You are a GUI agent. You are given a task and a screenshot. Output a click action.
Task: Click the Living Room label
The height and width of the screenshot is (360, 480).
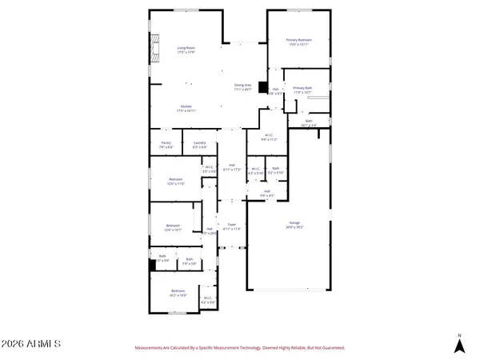pos(186,48)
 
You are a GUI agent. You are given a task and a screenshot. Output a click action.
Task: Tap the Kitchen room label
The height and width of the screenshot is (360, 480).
pos(186,106)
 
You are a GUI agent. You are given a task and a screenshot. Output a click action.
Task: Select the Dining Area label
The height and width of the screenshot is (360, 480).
pos(243,86)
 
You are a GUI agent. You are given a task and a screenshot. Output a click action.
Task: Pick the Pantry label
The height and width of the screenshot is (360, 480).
pos(166,143)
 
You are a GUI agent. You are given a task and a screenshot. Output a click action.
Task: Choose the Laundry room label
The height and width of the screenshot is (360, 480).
pos(200,143)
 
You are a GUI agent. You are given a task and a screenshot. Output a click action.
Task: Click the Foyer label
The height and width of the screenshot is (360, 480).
pos(232,225)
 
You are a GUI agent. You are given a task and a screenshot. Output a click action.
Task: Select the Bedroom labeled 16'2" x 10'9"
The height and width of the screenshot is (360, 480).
pos(177,291)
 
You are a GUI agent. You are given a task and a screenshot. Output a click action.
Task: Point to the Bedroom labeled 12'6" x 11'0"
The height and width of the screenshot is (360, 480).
pos(176,178)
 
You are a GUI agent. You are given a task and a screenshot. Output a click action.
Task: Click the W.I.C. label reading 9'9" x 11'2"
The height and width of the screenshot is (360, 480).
pos(270,135)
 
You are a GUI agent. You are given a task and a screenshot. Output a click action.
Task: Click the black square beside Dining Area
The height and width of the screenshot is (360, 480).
pos(262,88)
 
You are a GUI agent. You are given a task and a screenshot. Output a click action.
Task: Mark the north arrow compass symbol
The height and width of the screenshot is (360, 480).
pos(459,346)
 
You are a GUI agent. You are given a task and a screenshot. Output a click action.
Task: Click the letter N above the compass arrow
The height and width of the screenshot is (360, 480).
pos(459,334)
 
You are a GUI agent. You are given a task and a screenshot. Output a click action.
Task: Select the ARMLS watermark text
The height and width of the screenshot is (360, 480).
pos(32,344)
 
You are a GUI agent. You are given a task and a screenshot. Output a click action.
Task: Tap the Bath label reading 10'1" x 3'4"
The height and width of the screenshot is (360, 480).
pos(310,122)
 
